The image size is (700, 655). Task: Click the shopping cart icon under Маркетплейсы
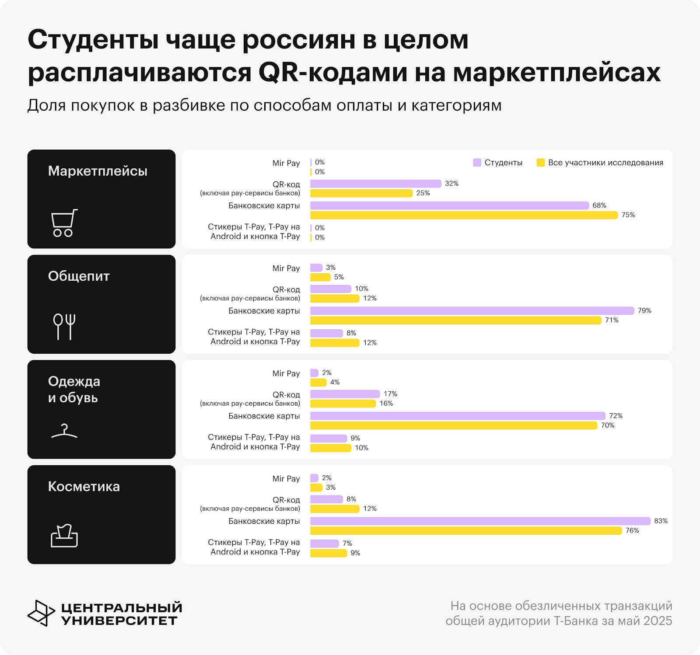point(64,223)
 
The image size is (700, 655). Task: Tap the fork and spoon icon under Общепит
point(64,326)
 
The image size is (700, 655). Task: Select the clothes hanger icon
point(64,431)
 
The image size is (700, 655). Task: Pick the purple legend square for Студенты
point(477,163)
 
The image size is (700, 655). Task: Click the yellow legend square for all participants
point(541,163)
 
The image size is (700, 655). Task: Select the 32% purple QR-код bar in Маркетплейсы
point(375,184)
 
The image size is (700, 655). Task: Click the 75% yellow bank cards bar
point(464,215)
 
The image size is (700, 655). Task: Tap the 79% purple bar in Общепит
point(472,311)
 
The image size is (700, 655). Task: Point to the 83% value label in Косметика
point(661,521)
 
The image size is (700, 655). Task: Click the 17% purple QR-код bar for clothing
point(345,394)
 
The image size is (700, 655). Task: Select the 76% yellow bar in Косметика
point(466,531)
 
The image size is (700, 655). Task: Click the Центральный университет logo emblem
point(41,613)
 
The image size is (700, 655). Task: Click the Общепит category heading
point(79,276)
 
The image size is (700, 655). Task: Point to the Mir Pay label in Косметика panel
point(286,479)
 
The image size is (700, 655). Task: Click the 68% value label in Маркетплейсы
point(599,206)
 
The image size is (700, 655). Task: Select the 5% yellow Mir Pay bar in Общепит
point(320,277)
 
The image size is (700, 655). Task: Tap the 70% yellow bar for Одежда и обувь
point(454,425)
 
